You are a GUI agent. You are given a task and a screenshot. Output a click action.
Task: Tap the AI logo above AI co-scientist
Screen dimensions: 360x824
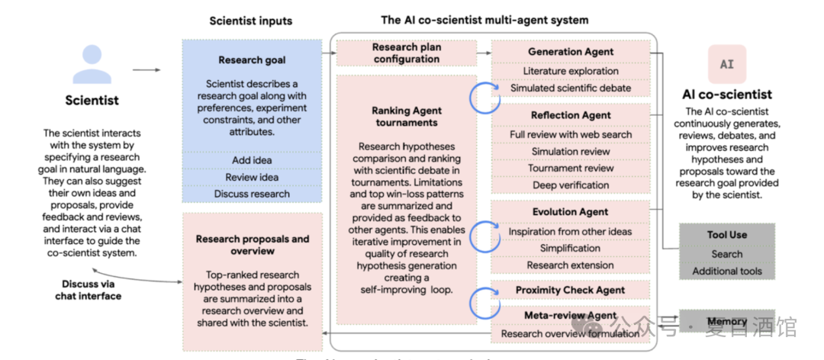pyautogui.click(x=726, y=65)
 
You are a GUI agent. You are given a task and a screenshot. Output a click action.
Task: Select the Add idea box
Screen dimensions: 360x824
pyautogui.click(x=252, y=160)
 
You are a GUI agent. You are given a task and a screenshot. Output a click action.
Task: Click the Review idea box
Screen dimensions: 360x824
pyautogui.click(x=252, y=177)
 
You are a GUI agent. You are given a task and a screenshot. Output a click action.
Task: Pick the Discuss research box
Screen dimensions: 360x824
pyautogui.click(x=252, y=194)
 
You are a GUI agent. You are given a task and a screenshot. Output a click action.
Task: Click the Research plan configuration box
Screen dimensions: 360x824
pyautogui.click(x=406, y=53)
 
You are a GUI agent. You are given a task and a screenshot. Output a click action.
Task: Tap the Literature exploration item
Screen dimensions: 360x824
pyautogui.click(x=571, y=71)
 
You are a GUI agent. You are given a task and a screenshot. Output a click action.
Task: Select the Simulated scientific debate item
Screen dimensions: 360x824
pyautogui.click(x=571, y=88)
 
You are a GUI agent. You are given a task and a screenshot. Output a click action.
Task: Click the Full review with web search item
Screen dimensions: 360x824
pyautogui.click(x=571, y=134)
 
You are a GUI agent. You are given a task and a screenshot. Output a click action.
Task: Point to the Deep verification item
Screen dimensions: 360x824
pyautogui.click(x=571, y=185)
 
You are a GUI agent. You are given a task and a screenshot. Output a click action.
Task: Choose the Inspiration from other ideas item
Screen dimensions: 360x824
pyautogui.click(x=571, y=231)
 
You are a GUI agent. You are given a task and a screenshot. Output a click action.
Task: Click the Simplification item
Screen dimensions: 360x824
pyautogui.click(x=571, y=248)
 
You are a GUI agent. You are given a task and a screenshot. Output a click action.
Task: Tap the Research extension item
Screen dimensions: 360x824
pyautogui.click(x=571, y=265)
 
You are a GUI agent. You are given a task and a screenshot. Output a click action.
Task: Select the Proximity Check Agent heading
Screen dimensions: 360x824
pyautogui.click(x=571, y=290)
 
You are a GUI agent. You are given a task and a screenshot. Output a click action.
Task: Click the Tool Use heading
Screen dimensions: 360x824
pyautogui.click(x=726, y=235)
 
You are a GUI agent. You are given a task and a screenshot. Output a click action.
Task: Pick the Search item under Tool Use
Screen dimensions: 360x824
pyautogui.click(x=726, y=254)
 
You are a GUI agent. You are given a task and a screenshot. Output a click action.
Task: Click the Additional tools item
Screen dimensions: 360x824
pyautogui.click(x=726, y=271)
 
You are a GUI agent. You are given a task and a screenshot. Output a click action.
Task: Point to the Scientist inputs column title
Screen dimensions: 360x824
pyautogui.click(x=251, y=21)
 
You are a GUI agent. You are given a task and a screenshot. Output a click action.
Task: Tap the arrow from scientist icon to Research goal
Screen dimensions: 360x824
pyautogui.click(x=146, y=70)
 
